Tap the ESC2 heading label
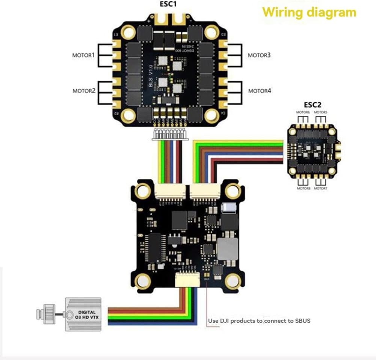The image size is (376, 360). [x=313, y=104]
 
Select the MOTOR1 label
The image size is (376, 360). [x=84, y=55]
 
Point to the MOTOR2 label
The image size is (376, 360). [x=84, y=91]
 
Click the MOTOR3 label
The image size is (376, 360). [x=259, y=55]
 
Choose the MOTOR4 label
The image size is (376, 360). [x=259, y=91]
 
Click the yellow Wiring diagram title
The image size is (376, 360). [x=309, y=12]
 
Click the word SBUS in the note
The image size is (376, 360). [x=303, y=321]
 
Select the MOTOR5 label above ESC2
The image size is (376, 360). [x=320, y=112]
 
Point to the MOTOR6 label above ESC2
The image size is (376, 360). [x=302, y=112]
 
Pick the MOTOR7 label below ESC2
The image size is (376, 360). [x=320, y=188]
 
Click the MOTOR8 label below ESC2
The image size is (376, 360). [x=304, y=188]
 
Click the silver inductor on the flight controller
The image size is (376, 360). [x=228, y=248]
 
